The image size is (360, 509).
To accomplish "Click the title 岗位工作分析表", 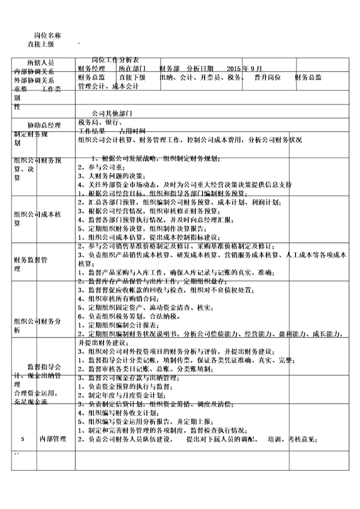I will [115, 59].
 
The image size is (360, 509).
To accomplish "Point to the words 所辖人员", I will [41, 63].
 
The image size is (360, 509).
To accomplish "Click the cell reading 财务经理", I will [91, 68].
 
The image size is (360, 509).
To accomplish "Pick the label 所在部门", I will [132, 68].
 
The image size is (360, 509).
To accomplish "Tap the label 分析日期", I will [200, 68].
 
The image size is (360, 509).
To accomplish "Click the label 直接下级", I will [132, 77].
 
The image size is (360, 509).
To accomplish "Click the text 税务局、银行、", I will [100, 122].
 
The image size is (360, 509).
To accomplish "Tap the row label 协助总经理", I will [44, 125].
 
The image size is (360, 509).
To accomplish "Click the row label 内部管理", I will [53, 439].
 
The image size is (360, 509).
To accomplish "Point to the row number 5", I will [22, 439].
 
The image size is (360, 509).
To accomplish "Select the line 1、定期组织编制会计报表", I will [120, 325].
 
